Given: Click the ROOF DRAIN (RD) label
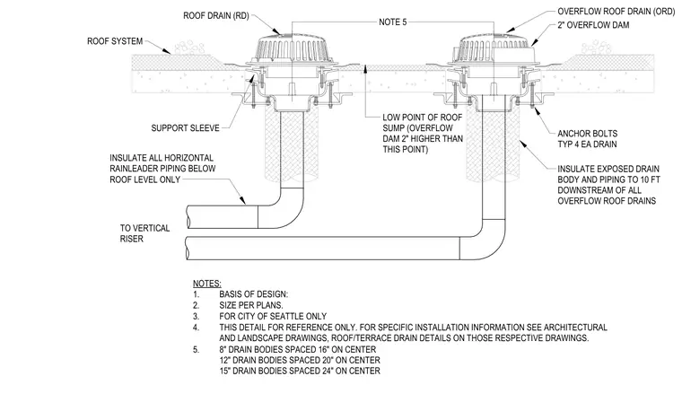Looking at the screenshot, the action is [x=216, y=15].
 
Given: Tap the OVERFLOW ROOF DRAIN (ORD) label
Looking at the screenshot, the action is [x=616, y=12].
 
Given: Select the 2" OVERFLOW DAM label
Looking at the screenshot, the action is [x=593, y=25].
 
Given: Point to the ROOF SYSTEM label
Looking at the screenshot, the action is [x=115, y=41].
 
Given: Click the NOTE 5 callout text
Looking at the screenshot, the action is [x=393, y=22].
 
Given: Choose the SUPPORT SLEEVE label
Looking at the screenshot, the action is [x=185, y=127].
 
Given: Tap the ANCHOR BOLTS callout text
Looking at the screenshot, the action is [x=587, y=133].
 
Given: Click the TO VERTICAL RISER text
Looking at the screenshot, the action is [x=144, y=233].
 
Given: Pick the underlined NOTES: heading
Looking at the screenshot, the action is [x=207, y=284].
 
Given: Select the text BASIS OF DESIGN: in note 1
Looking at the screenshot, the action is [x=254, y=294].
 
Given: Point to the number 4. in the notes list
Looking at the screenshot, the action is [x=197, y=327].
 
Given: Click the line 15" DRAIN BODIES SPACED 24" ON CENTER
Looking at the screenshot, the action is [x=300, y=371].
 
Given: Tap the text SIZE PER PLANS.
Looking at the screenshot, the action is [x=251, y=305].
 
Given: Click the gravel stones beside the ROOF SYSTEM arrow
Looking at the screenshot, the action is [x=188, y=48].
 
